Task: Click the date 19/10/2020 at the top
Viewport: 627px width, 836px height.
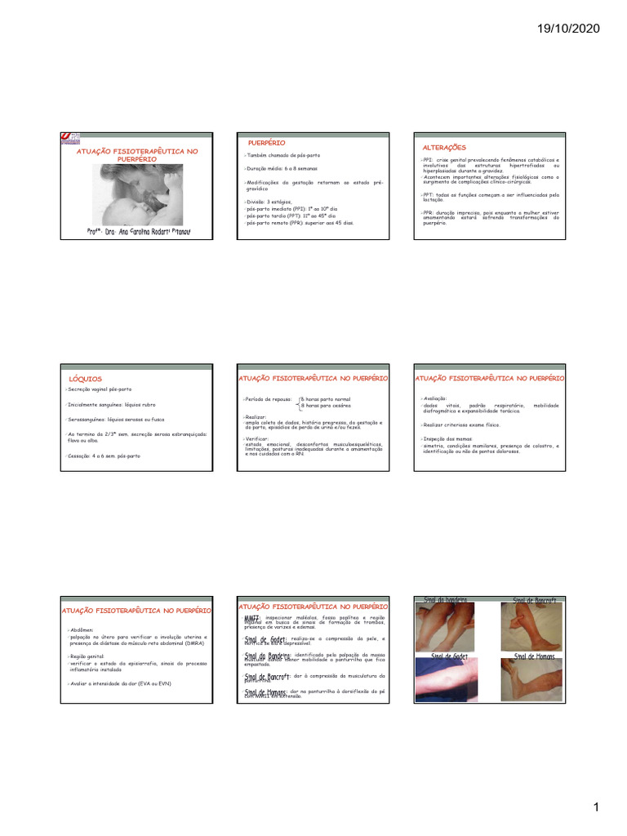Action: point(568,29)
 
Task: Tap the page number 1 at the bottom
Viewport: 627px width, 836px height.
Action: point(596,807)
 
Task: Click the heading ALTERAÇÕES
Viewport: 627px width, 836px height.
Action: point(443,147)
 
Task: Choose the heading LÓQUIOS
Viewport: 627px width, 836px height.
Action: point(86,379)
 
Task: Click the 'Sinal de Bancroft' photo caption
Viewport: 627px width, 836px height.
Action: point(535,601)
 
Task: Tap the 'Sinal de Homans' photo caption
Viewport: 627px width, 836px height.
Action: point(535,656)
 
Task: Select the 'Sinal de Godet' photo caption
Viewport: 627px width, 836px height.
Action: point(449,656)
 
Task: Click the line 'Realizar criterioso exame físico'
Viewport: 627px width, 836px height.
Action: point(461,425)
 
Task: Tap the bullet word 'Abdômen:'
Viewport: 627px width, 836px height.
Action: point(82,629)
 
